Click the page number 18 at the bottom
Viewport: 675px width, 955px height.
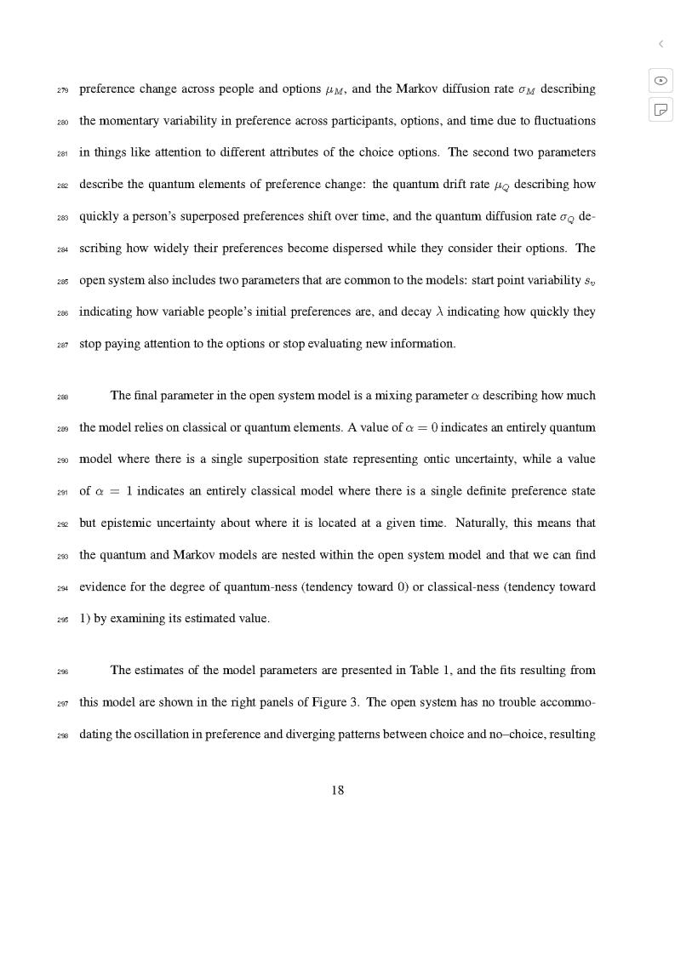337,790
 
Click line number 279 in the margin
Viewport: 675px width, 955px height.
63,90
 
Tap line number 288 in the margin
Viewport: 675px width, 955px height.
63,397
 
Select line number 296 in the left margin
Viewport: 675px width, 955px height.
63,672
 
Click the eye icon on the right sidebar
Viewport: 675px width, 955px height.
661,81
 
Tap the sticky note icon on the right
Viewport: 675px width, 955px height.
661,109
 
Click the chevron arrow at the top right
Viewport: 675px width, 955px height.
661,43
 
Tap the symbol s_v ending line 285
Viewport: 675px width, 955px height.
589,281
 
